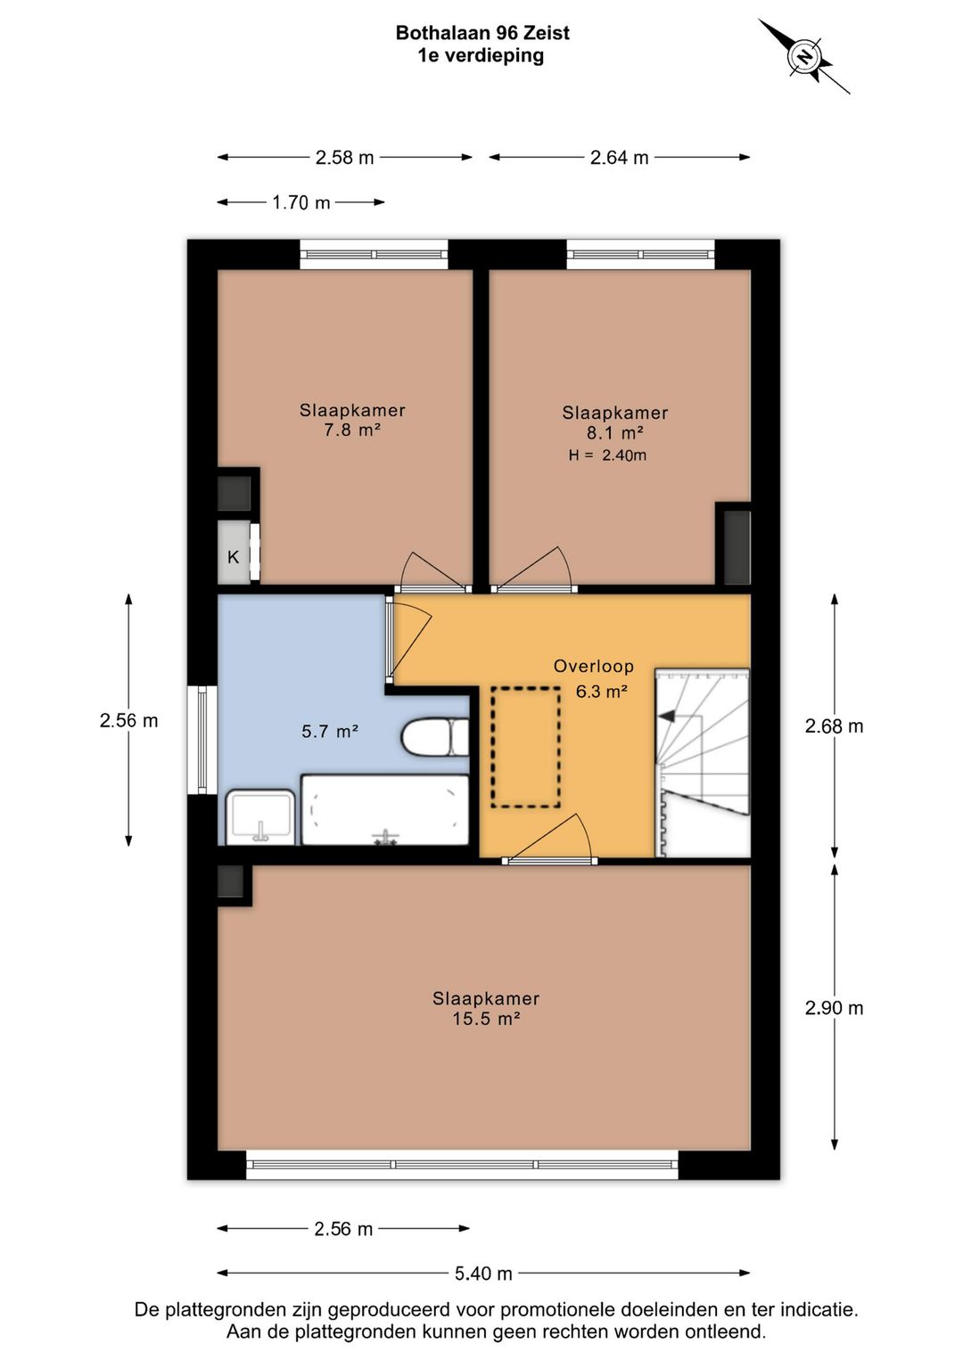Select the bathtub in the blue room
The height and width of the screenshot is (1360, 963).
coord(385,809)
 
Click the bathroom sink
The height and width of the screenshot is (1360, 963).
coord(260,816)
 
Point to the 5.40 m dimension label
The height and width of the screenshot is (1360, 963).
coord(483,1274)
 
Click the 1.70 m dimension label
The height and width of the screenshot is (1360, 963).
coord(300,202)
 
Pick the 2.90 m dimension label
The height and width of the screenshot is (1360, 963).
coord(835,1008)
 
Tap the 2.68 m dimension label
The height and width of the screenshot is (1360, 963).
coord(835,726)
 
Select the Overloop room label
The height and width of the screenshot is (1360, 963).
coord(594,666)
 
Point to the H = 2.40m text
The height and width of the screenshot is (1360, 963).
coord(607,455)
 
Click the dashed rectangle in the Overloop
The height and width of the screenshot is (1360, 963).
coord(525,747)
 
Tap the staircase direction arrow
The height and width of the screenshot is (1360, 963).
coord(667,717)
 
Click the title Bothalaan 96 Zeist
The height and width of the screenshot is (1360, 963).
coord(482,33)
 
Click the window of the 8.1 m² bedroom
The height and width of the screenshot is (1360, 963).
coord(640,254)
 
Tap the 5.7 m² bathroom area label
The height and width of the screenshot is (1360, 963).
coord(330,731)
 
